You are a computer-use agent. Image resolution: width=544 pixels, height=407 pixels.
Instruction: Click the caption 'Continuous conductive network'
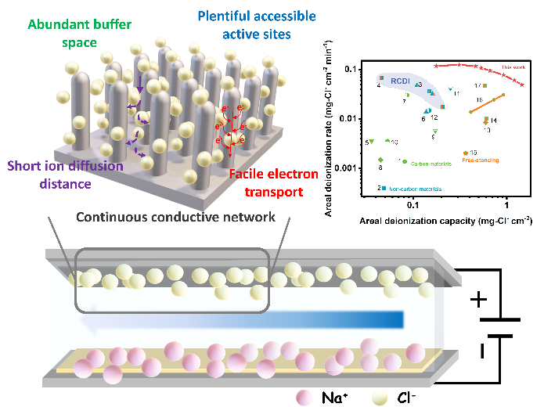coord(176,216)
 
